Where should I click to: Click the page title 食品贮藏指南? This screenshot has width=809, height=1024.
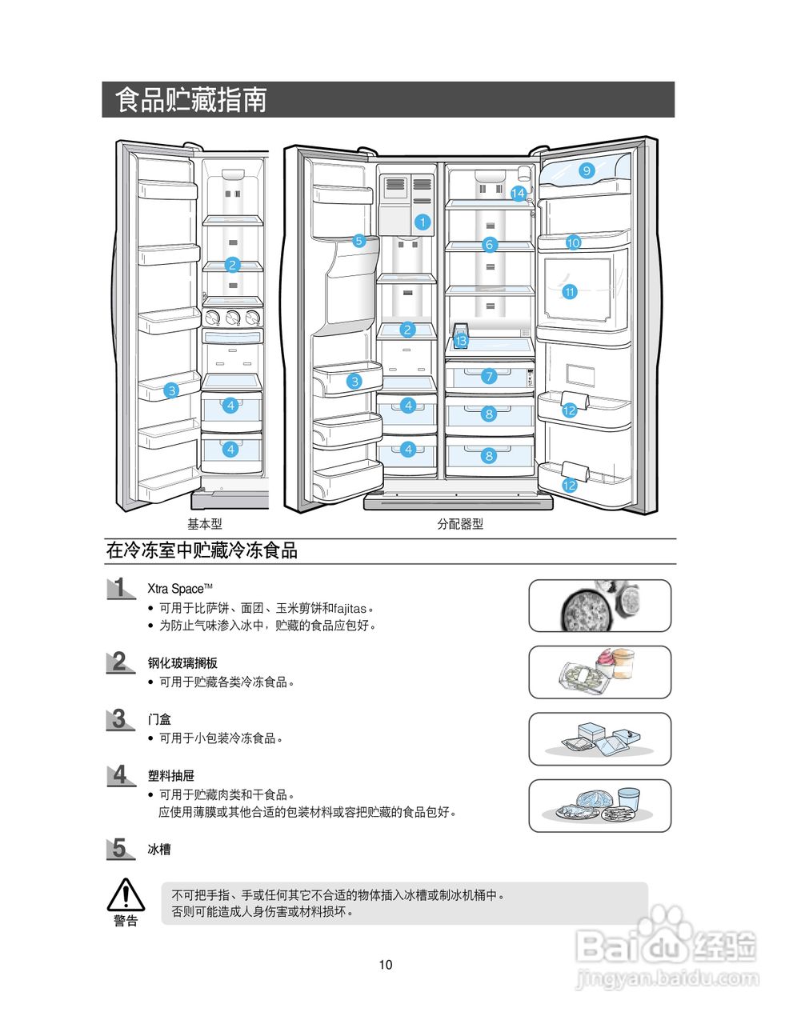pyautogui.click(x=190, y=100)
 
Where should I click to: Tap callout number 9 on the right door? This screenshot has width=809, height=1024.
pyautogui.click(x=587, y=170)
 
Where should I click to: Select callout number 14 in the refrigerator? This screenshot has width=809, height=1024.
pyautogui.click(x=518, y=193)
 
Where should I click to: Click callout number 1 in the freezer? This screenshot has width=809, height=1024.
pyautogui.click(x=423, y=222)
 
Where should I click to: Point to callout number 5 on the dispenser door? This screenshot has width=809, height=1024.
pyautogui.click(x=358, y=240)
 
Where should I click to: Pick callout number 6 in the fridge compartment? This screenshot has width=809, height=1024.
pyautogui.click(x=490, y=245)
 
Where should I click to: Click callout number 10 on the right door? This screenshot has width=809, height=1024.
pyautogui.click(x=573, y=242)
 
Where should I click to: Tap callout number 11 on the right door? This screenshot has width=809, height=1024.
pyautogui.click(x=570, y=292)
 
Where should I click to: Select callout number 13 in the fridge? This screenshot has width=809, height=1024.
pyautogui.click(x=460, y=341)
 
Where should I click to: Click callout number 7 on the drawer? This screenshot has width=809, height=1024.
pyautogui.click(x=490, y=376)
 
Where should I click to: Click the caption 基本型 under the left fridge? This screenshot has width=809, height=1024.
pyautogui.click(x=205, y=524)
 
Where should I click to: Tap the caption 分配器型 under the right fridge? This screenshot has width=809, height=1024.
pyautogui.click(x=460, y=524)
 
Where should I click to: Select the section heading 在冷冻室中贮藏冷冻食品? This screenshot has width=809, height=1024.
pyautogui.click(x=202, y=550)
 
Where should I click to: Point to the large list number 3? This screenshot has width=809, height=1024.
pyautogui.click(x=119, y=719)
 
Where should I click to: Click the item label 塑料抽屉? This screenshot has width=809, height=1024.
pyautogui.click(x=171, y=776)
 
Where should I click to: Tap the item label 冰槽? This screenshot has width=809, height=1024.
pyautogui.click(x=159, y=850)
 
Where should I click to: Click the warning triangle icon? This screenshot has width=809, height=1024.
pyautogui.click(x=126, y=894)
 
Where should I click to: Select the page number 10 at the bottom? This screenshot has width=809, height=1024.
pyautogui.click(x=386, y=965)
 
